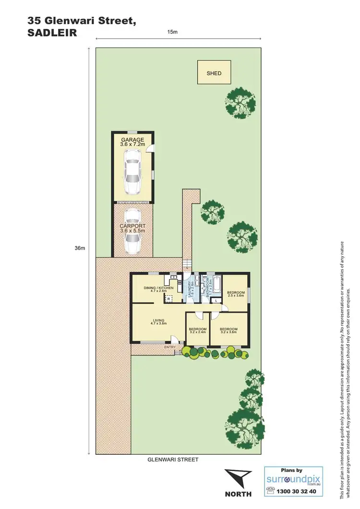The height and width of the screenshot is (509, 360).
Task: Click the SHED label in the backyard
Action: [x=214, y=73]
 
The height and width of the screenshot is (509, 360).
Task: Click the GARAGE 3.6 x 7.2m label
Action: [x=132, y=142]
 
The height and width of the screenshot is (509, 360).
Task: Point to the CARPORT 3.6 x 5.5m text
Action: [x=132, y=228]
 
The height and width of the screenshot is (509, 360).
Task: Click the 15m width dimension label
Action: [x=172, y=32]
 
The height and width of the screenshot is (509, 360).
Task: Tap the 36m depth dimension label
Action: [x=80, y=248]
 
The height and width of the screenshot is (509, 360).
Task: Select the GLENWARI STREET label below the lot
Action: [x=172, y=460]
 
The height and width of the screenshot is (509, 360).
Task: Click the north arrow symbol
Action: [x=238, y=478]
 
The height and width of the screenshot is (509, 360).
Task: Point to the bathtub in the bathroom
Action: [x=215, y=286]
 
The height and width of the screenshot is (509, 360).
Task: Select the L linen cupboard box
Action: [x=217, y=301]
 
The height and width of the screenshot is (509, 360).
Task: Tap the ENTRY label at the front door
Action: [x=170, y=347]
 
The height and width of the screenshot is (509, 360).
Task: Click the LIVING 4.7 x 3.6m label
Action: [x=159, y=322]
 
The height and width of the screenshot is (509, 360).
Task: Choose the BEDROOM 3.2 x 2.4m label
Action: [x=197, y=331]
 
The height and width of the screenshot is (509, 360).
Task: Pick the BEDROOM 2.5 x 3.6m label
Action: [x=236, y=294]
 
